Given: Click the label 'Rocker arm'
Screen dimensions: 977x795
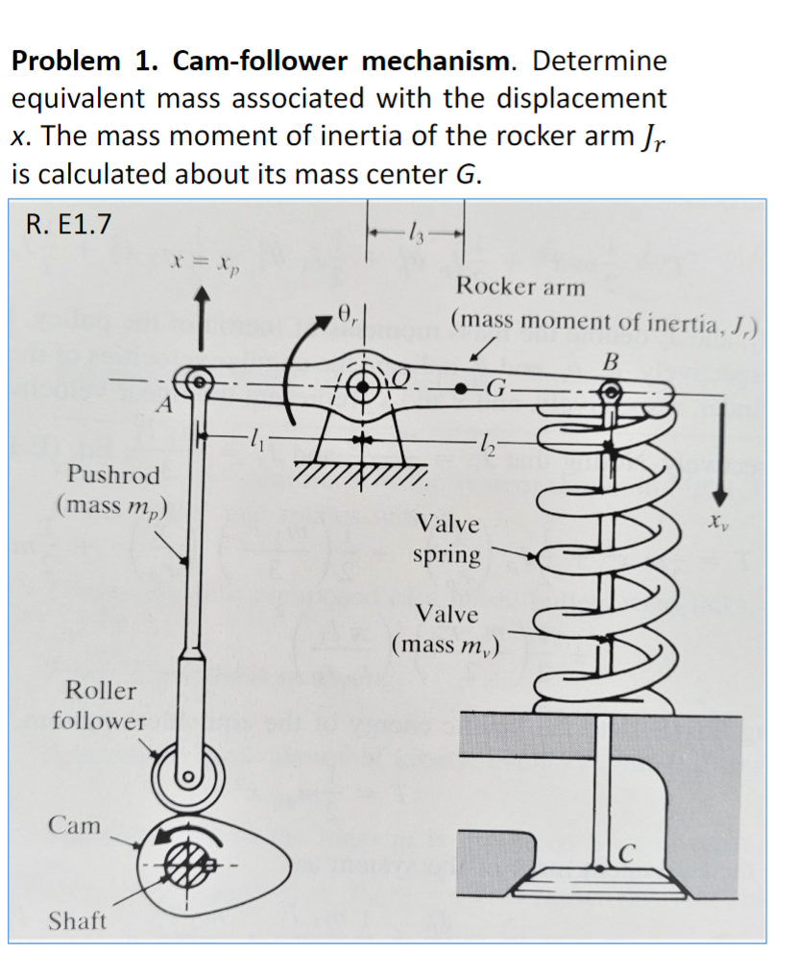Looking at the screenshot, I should tap(519, 286).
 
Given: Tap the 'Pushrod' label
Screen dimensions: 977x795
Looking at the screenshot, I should tap(113, 475).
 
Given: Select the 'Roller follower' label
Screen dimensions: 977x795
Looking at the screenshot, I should tap(100, 705).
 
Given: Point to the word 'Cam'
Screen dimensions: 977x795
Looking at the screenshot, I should tap(74, 824).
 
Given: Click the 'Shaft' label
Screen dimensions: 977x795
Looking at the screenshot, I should tap(78, 920).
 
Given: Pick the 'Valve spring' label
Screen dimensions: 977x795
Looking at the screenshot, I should tap(446, 539).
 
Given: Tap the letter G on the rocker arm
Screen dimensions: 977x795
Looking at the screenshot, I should tap(495, 389).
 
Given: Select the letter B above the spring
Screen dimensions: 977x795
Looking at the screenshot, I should tap(607, 362).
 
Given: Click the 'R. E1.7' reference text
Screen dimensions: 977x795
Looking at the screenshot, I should tap(68, 224).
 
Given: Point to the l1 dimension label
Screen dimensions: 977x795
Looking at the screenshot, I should tap(253, 442).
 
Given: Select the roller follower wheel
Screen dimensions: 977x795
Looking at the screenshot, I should tap(188, 775).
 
